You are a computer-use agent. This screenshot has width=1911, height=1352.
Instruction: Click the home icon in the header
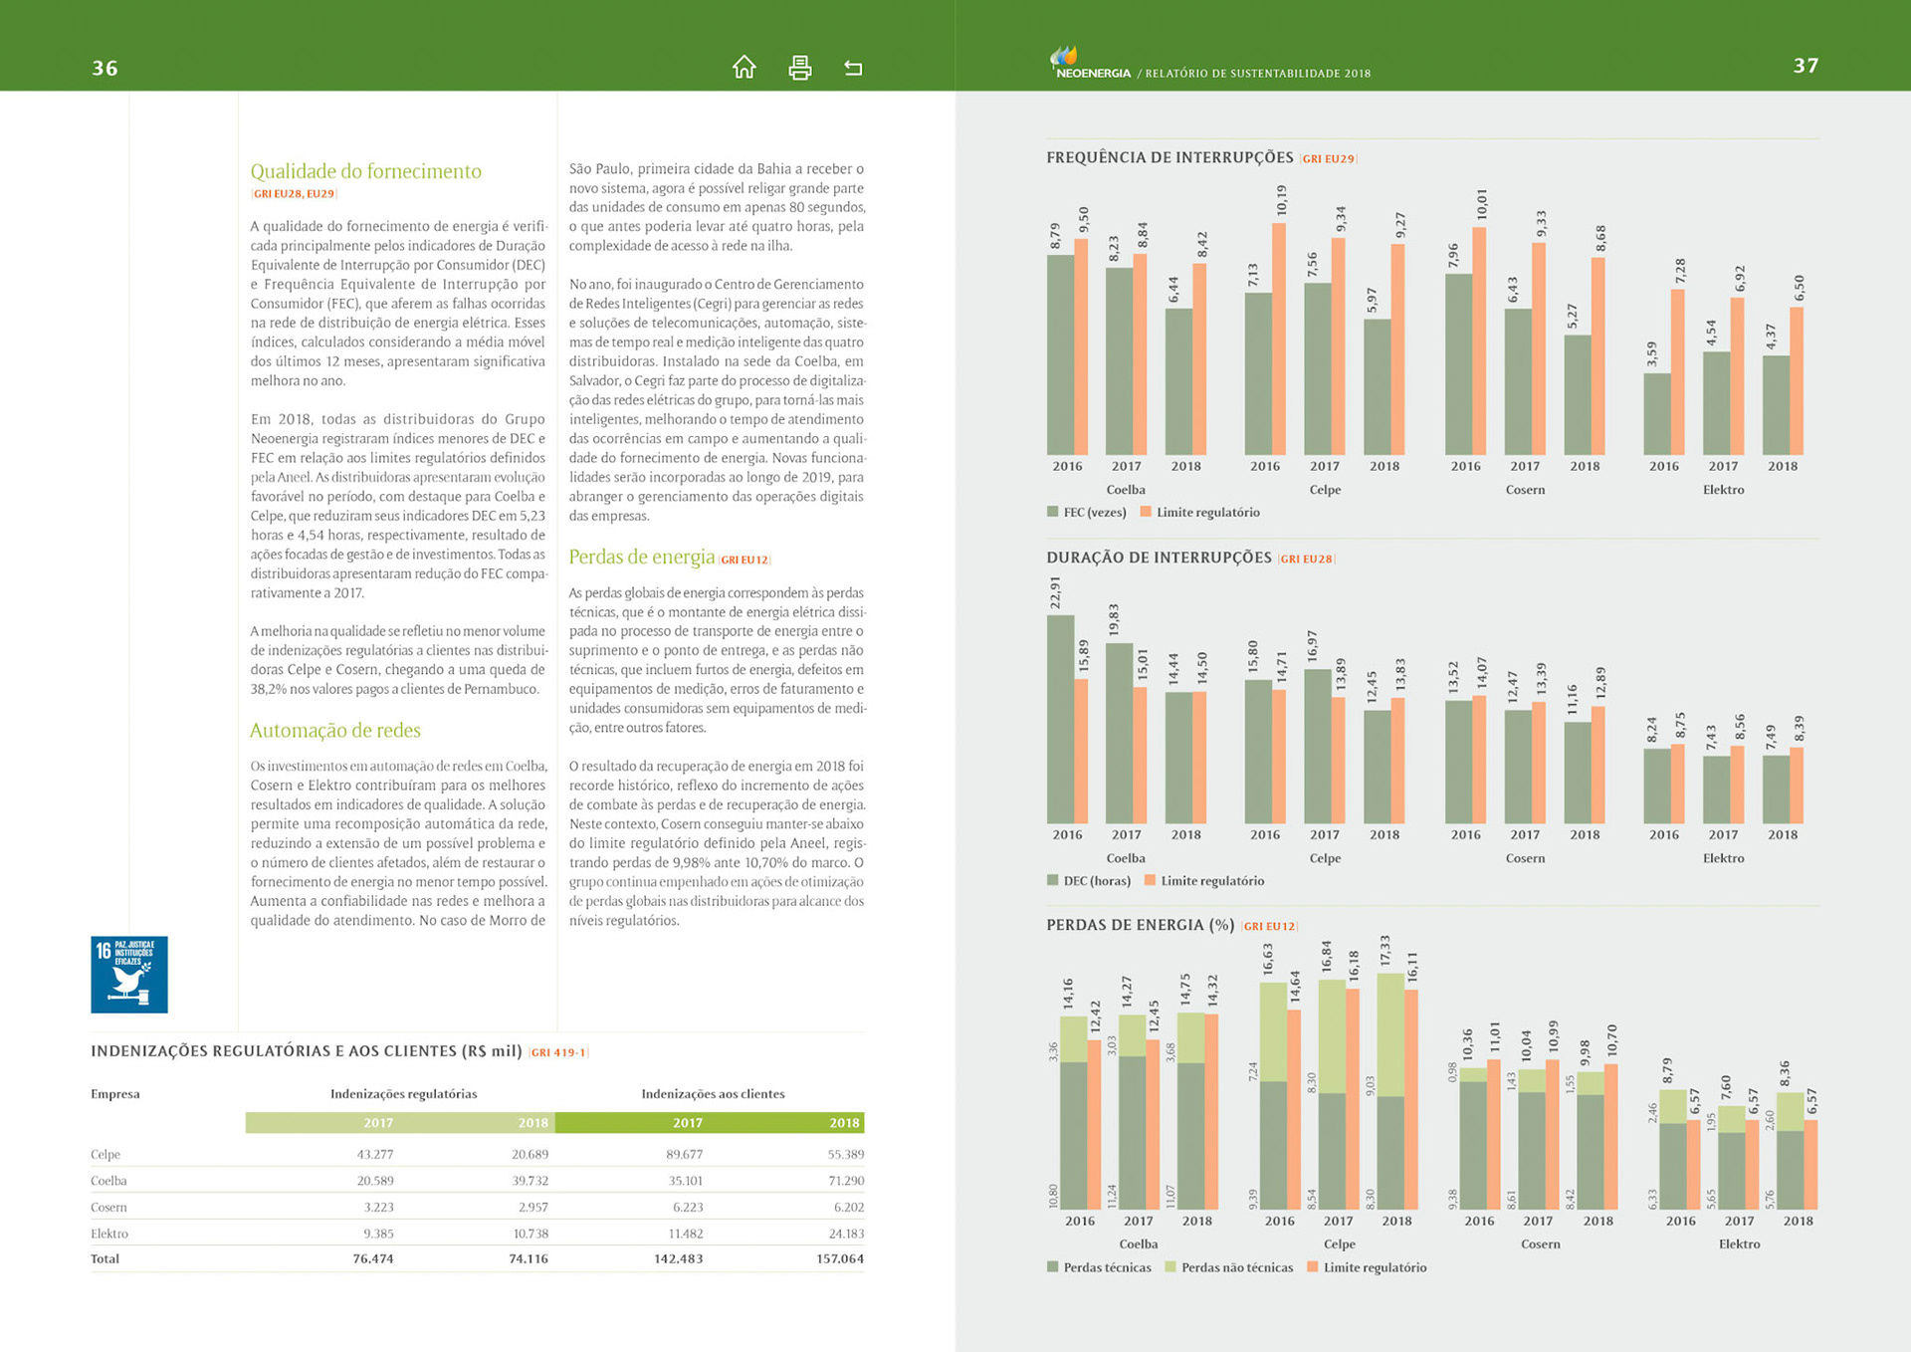743,67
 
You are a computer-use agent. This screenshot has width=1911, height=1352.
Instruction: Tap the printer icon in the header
799,67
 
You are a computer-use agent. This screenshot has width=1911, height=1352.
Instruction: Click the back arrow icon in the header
853,68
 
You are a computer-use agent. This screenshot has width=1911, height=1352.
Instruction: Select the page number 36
105,68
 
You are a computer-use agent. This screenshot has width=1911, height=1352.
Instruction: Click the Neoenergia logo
1090,64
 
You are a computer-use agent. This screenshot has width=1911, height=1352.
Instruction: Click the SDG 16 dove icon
129,975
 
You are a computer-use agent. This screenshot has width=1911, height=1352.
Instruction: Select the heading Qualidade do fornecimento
365,171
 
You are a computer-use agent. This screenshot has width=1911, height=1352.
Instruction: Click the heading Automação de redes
334,731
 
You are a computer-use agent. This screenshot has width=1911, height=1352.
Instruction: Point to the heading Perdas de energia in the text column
641,557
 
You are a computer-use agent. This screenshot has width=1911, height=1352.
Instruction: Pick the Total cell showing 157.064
840,1258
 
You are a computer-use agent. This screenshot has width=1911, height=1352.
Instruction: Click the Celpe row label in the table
106,1154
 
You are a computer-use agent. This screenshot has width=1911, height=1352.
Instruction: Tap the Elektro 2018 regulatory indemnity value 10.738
530,1233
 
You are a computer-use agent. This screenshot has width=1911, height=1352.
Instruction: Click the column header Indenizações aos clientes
713,1093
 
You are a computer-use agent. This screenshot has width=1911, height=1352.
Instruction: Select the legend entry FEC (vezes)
1094,512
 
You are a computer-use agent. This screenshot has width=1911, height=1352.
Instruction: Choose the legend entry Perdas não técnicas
1236,1267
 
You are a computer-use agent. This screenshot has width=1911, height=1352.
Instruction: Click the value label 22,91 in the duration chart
1055,592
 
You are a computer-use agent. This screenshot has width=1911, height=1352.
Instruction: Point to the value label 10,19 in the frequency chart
1281,200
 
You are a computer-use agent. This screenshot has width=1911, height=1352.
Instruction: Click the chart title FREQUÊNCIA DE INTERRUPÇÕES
1169,157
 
